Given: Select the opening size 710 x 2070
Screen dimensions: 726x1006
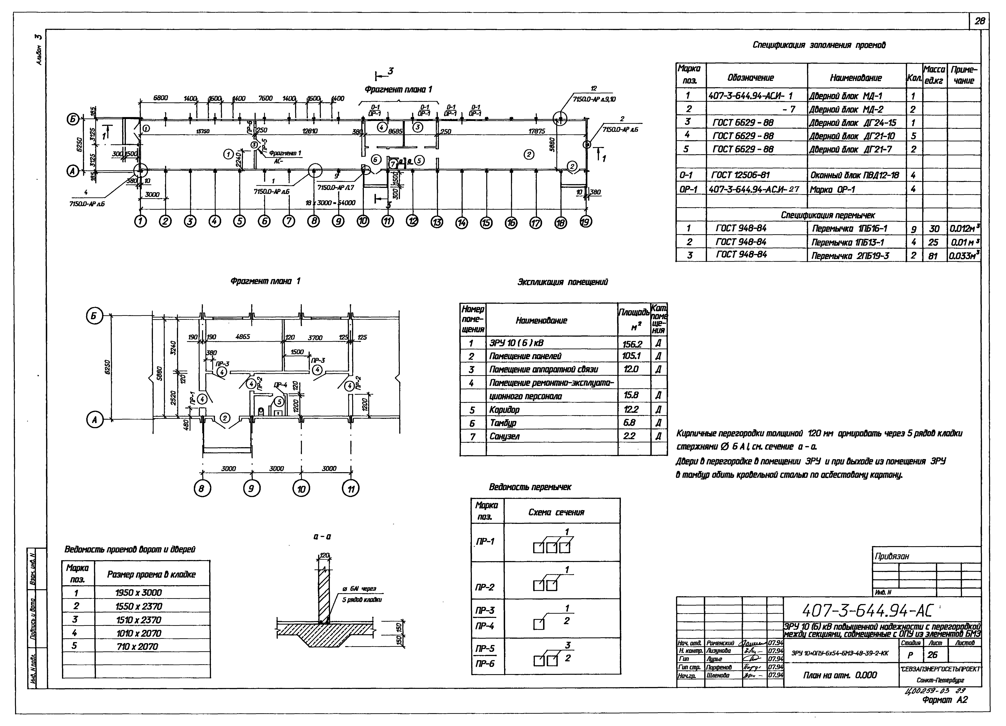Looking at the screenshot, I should click(138, 647).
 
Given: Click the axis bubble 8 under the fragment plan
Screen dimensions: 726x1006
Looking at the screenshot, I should click(202, 489).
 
